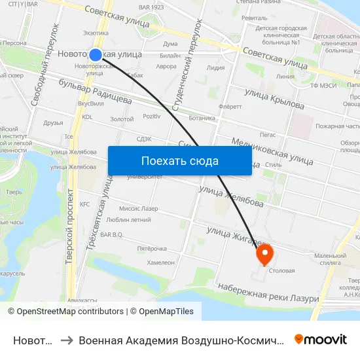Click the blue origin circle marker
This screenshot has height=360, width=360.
[96, 56]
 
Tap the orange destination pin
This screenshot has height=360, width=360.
[265, 254]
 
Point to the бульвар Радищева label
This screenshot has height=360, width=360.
[95, 91]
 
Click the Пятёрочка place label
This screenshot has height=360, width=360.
[152, 249]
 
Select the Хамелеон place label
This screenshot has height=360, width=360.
[161, 262]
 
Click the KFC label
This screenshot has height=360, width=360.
[84, 204]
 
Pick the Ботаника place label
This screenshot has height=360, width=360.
[202, 118]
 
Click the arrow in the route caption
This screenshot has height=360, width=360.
[66, 340]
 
